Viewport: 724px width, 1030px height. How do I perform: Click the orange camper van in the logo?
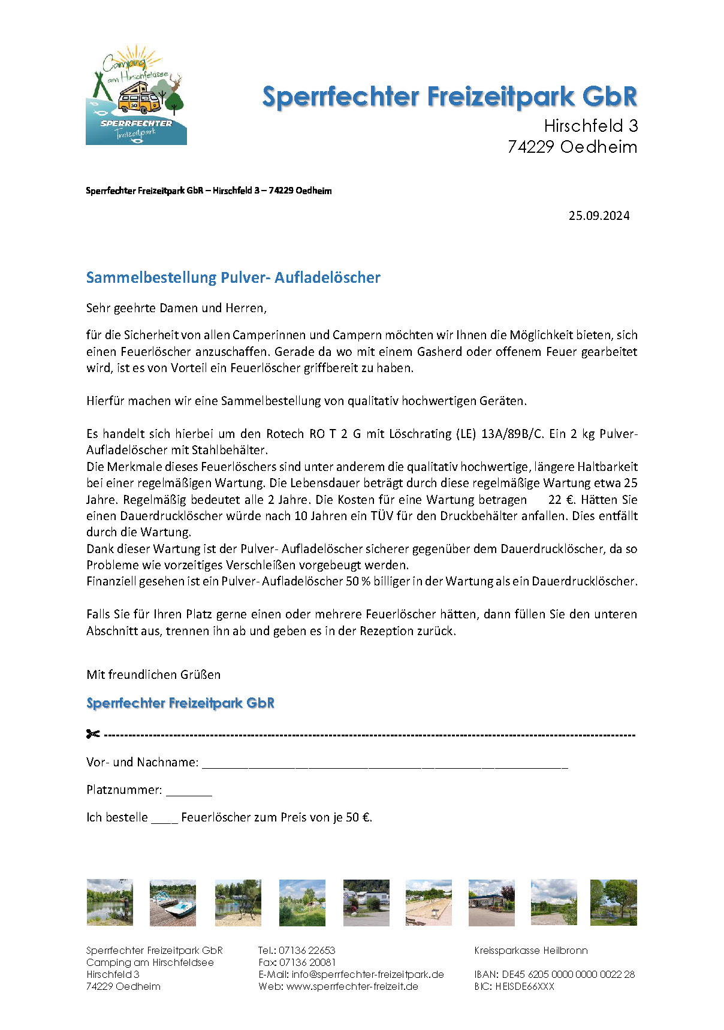pos(138,99)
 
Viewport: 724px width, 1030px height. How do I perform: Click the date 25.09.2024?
pos(599,216)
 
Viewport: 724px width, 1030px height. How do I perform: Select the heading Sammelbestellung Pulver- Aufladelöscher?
pos(233,277)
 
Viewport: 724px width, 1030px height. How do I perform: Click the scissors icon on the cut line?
pos(93,734)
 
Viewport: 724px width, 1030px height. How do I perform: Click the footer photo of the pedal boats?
pos(173,902)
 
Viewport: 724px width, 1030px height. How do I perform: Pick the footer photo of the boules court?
pos(429,902)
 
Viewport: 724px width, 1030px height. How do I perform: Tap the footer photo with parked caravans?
pos(366,902)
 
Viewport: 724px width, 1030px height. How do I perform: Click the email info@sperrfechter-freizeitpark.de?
pos(367,974)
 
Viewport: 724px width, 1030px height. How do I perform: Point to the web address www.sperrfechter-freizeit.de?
pos(352,986)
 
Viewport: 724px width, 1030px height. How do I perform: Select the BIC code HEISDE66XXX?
pos(524,986)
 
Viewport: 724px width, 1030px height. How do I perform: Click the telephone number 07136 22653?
pos(307,950)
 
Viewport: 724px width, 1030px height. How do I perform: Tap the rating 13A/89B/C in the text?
pos(512,434)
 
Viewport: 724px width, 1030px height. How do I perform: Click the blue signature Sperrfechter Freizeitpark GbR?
pos(180,703)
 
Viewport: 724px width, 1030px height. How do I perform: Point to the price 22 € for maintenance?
pos(561,500)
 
